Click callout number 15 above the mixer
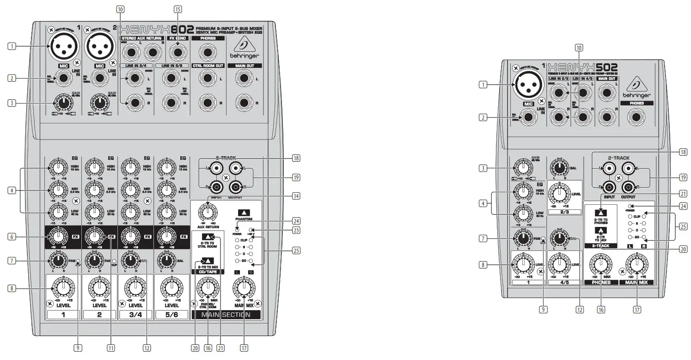177,9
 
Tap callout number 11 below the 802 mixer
111,348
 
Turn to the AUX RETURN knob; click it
208,213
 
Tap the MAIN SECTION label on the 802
226,315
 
